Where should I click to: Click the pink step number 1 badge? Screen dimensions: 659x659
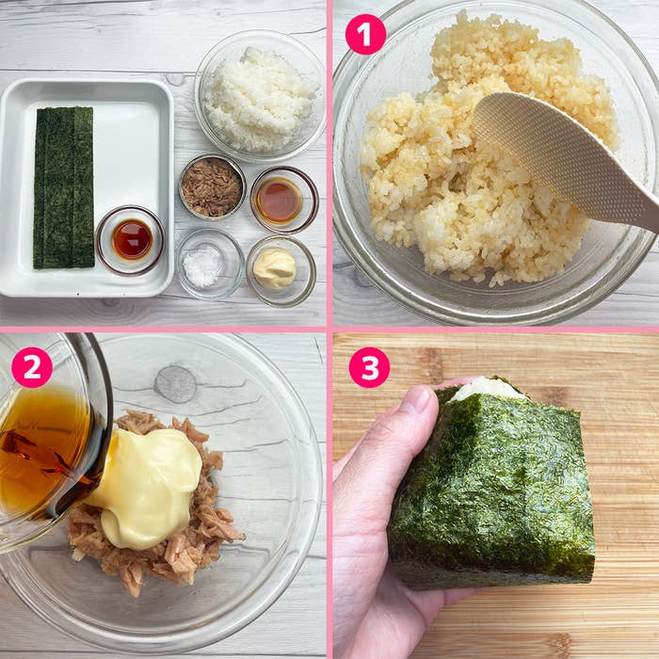(x=365, y=34)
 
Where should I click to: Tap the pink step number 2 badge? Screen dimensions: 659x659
(x=32, y=367)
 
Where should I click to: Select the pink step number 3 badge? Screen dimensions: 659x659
(x=369, y=367)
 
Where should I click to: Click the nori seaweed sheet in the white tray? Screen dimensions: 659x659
(x=63, y=187)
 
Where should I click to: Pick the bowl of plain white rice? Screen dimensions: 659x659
(x=260, y=96)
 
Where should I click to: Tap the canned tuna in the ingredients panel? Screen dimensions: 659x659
(x=212, y=187)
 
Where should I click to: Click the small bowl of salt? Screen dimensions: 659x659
(x=210, y=265)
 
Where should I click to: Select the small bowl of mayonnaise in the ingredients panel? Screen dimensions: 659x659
(x=281, y=270)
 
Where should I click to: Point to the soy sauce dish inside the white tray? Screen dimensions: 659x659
(x=131, y=240)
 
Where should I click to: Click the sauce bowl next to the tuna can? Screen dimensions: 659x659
(x=284, y=200)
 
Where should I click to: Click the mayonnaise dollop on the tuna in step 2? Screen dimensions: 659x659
(x=148, y=488)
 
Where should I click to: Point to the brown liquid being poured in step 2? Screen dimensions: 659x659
(x=44, y=452)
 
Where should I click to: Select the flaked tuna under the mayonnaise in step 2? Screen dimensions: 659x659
(x=156, y=546)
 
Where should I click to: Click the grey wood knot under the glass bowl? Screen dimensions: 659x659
(x=175, y=384)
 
